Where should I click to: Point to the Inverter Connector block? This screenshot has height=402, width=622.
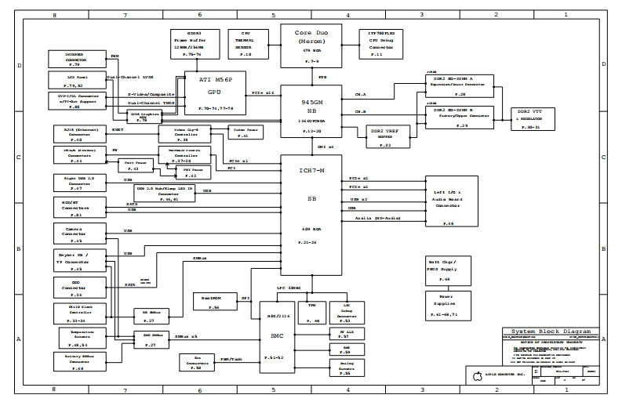point(75,60)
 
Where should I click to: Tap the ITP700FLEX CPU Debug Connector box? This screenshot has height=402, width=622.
point(381,44)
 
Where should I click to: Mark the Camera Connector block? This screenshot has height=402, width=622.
point(75,234)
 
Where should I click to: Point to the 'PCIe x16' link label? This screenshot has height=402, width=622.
point(263,92)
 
